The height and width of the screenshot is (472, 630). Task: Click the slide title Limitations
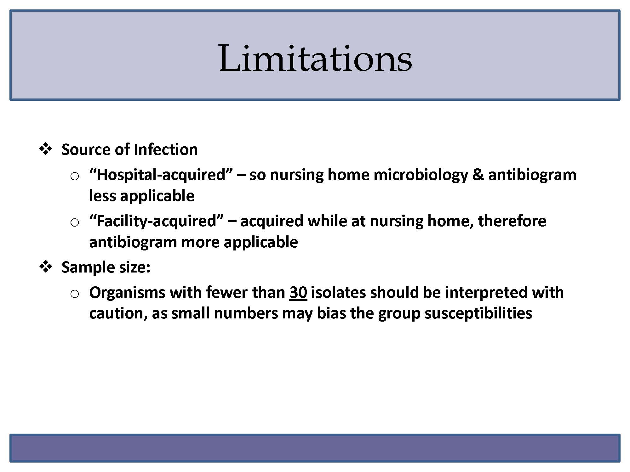(x=315, y=58)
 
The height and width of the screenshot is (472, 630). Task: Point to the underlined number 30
(x=298, y=292)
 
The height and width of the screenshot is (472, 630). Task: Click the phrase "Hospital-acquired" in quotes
(x=161, y=174)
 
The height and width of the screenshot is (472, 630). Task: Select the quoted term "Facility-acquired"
(x=157, y=221)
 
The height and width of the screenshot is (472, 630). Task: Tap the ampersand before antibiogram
(x=478, y=175)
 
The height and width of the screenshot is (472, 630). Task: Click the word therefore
(x=512, y=221)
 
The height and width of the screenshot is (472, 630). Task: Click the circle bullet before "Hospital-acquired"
(x=75, y=177)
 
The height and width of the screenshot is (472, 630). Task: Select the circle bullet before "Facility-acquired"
(x=75, y=223)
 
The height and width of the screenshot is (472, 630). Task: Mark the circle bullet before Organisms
(x=75, y=294)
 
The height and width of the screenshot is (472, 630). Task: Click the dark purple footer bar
(x=315, y=448)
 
